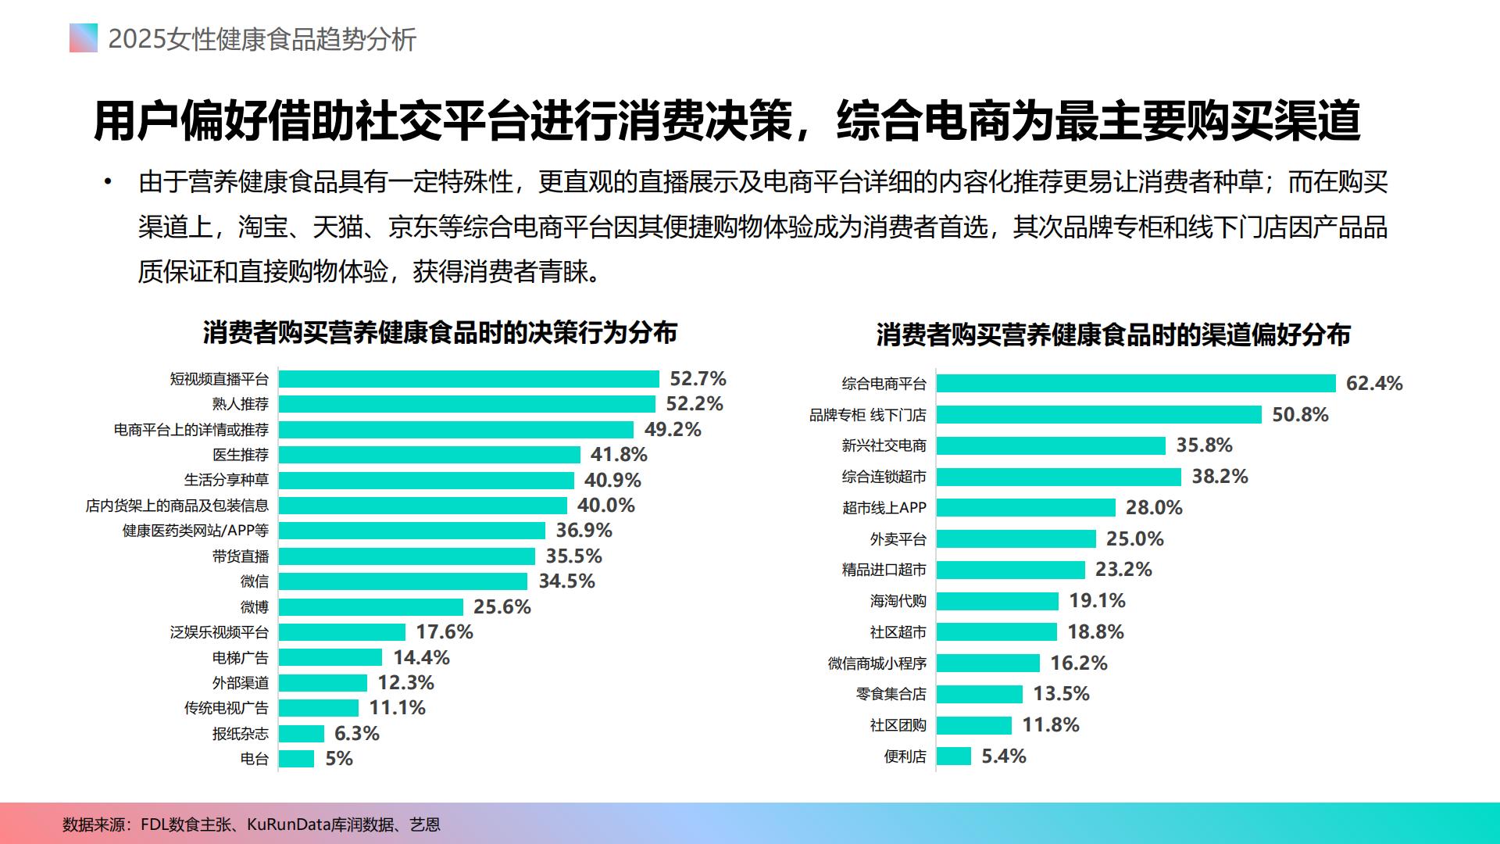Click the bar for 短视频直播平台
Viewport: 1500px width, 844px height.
pyautogui.click(x=469, y=379)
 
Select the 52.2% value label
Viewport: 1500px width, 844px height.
pyautogui.click(x=694, y=404)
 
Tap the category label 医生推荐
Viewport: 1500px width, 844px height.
pyautogui.click(x=241, y=455)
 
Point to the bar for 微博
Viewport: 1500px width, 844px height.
pyautogui.click(x=371, y=607)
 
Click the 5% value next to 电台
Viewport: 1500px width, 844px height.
pyautogui.click(x=339, y=759)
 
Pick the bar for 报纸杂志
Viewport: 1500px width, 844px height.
pyautogui.click(x=302, y=734)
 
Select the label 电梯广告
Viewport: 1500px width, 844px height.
pyautogui.click(x=241, y=658)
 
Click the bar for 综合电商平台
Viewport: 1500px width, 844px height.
pyautogui.click(x=1136, y=384)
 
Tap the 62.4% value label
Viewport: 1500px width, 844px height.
pyautogui.click(x=1374, y=384)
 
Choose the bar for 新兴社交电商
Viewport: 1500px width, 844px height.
pyautogui.click(x=1051, y=445)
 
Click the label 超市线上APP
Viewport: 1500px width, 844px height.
pyautogui.click(x=884, y=508)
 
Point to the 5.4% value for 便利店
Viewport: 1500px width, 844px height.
pyautogui.click(x=1004, y=756)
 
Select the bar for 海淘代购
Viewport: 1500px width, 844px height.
pyautogui.click(x=998, y=601)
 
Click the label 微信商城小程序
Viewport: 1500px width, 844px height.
pyautogui.click(x=877, y=663)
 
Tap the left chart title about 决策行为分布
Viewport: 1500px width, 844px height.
pyautogui.click(x=440, y=333)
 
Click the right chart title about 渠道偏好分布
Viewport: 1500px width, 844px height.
pyautogui.click(x=1113, y=335)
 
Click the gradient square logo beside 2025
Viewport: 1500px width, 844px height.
pyautogui.click(x=84, y=38)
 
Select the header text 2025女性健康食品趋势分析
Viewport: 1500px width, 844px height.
pyautogui.click(x=262, y=39)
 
